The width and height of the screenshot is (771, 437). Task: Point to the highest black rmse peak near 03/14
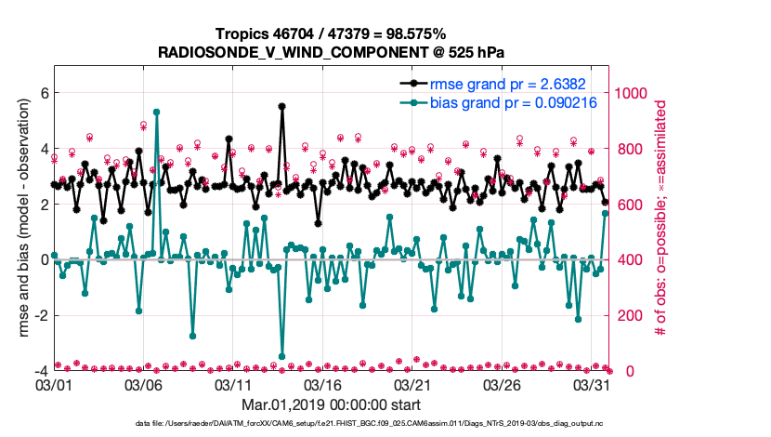281,106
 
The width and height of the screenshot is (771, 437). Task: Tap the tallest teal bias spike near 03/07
156,112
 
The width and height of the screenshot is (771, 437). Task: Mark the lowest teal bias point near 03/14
281,356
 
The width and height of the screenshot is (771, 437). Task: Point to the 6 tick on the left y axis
44,93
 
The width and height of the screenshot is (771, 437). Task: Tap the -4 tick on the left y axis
40,371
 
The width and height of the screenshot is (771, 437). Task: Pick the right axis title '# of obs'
660,218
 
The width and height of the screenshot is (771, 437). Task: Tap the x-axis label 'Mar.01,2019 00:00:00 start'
331,405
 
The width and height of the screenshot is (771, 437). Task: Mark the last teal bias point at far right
606,213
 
